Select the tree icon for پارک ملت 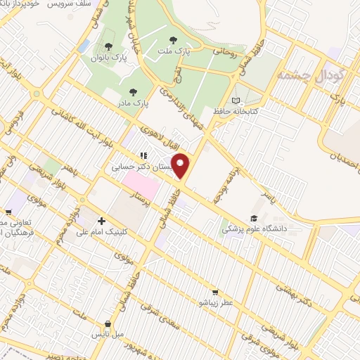click(x=174, y=39)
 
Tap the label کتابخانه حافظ click(x=236, y=111)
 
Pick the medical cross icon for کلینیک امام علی click(x=103, y=221)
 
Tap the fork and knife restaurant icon click(x=143, y=156)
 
